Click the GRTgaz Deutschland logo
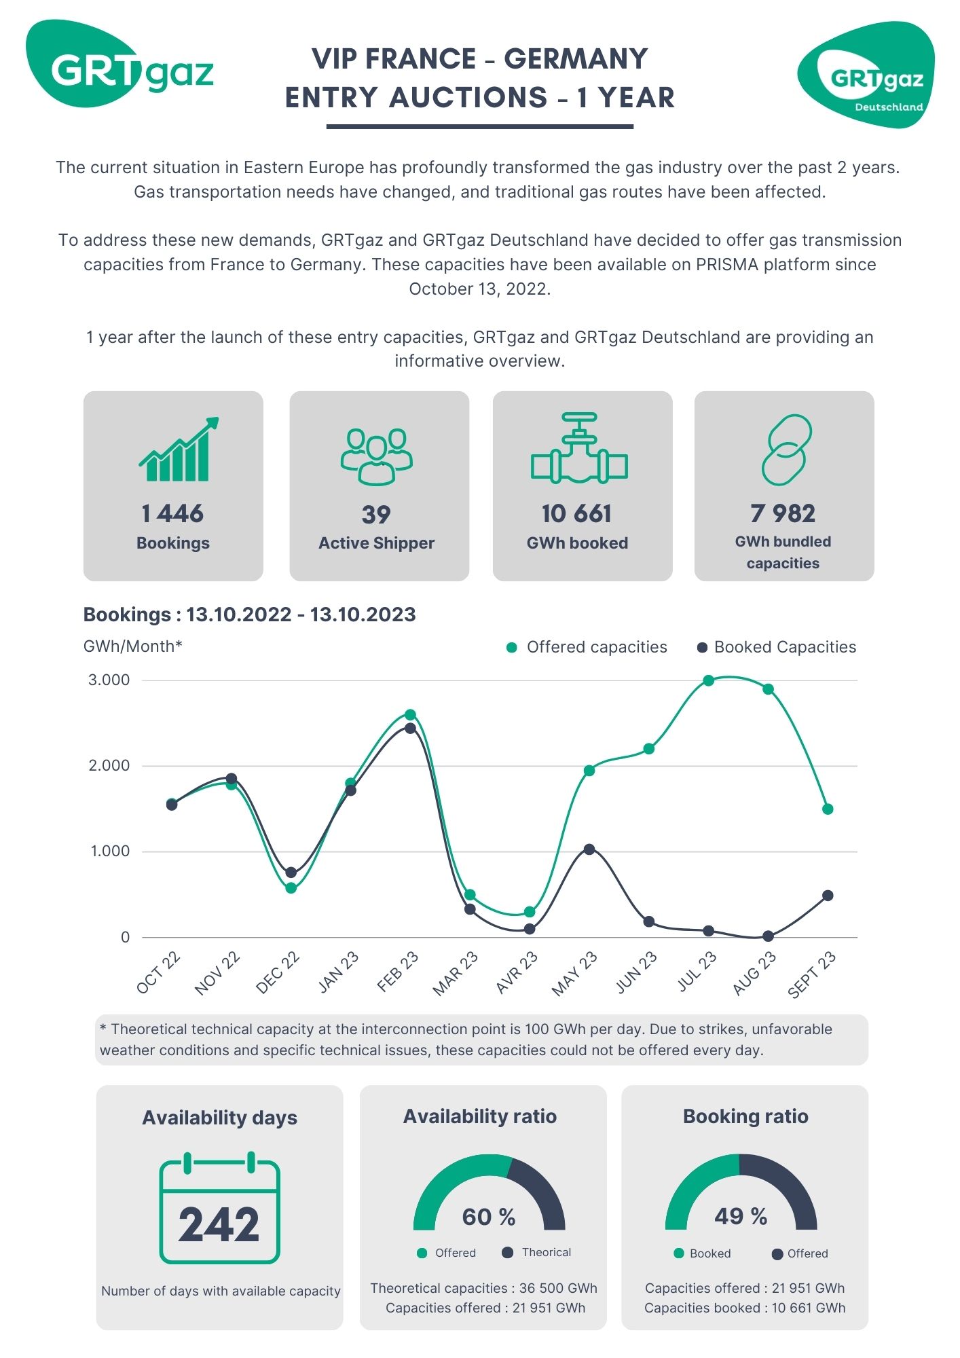[866, 75]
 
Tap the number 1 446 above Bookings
[172, 514]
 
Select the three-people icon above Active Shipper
[377, 456]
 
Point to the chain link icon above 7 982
[786, 449]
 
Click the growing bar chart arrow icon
[179, 449]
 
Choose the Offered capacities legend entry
[596, 647]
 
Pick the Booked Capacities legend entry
[784, 647]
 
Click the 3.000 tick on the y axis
[109, 680]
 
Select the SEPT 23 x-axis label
[812, 975]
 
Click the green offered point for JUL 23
[708, 680]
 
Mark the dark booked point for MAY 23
[589, 849]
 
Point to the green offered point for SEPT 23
[828, 809]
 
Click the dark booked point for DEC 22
[291, 873]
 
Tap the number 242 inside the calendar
[219, 1225]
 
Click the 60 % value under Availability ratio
[488, 1217]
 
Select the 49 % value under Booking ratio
[741, 1216]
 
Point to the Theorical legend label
[546, 1252]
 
